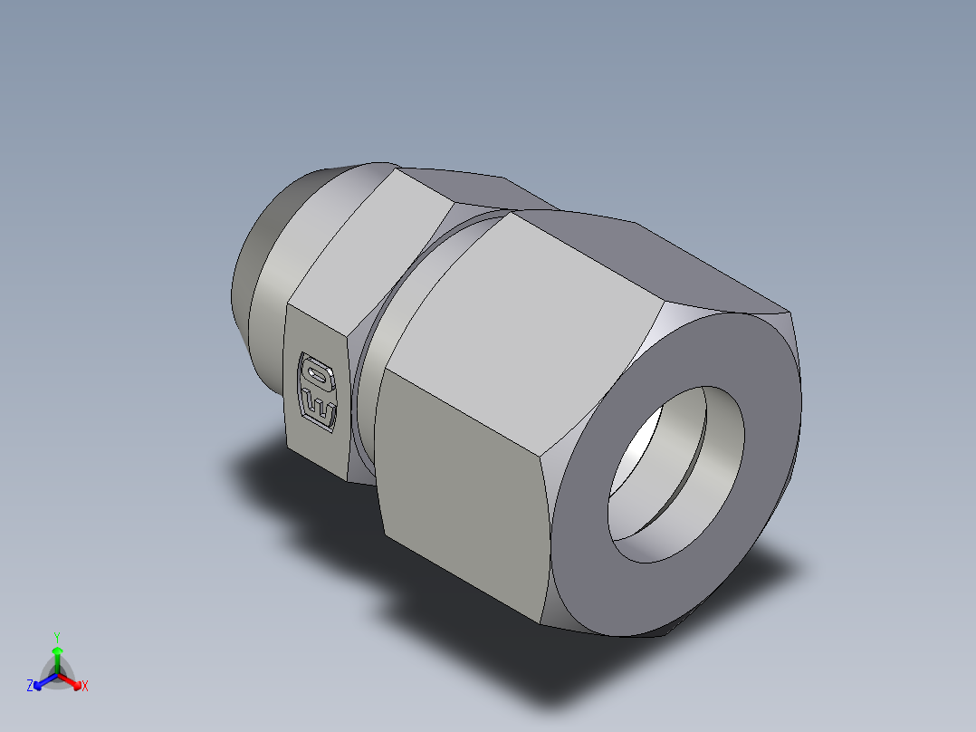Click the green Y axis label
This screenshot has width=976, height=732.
pos(56,637)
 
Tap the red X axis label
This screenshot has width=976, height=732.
pos(85,687)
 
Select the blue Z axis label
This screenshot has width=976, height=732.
pos(30,687)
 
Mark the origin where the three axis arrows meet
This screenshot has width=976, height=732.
pos(57,674)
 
